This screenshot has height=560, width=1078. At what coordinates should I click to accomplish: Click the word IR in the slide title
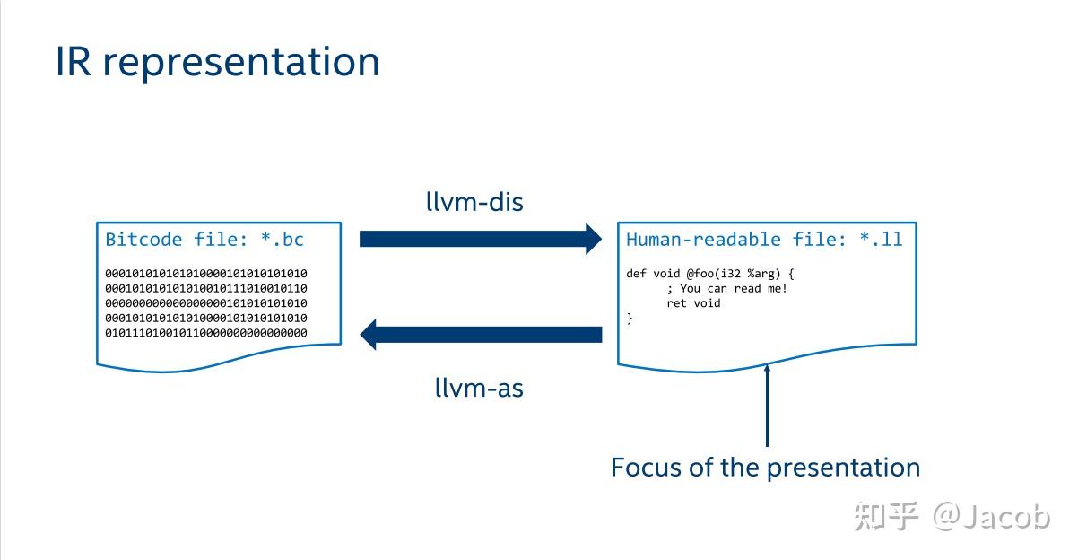point(74,62)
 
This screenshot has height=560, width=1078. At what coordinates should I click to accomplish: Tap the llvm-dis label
point(474,202)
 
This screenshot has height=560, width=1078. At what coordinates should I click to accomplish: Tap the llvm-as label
point(479,388)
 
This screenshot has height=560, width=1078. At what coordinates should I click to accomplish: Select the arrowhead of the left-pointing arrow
point(370,335)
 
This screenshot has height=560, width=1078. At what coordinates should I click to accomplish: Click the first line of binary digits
point(206,273)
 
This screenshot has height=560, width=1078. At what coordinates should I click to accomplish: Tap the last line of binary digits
point(206,333)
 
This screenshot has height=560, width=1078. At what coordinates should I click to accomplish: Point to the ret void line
point(693,303)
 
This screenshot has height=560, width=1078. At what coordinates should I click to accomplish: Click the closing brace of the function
point(630,319)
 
